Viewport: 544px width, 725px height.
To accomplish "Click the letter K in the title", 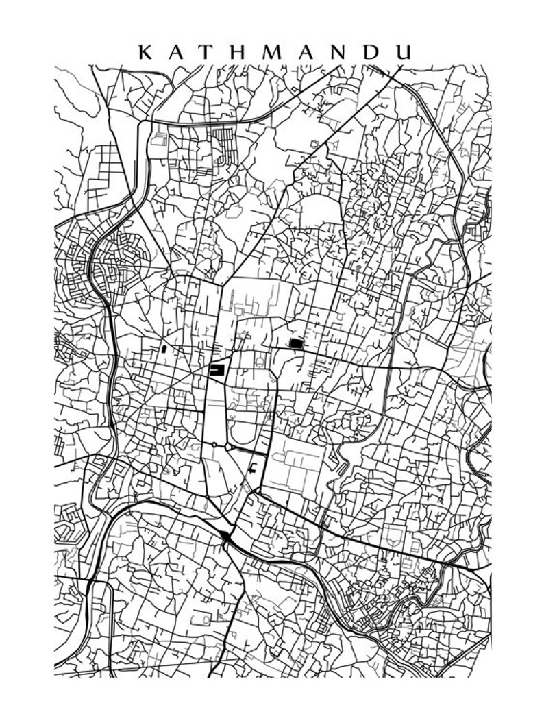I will click(145, 51).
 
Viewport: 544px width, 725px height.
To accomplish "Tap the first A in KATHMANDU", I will click(177, 51).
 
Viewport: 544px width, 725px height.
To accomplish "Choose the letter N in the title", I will click(353, 51).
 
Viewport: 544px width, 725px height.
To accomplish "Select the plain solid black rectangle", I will click(296, 343).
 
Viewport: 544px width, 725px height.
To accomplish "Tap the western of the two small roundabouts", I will click(214, 445).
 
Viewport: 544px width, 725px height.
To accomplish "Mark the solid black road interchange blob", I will click(226, 537).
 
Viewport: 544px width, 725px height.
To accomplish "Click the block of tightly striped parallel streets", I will click(226, 140).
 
